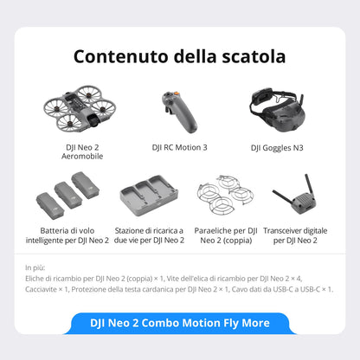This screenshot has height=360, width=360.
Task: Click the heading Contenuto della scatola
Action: pyautogui.click(x=179, y=57)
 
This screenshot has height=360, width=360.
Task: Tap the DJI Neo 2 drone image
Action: pyautogui.click(x=80, y=108)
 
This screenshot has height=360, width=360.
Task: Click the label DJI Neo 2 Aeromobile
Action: pyautogui.click(x=79, y=152)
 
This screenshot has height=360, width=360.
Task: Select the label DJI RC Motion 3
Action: pyautogui.click(x=179, y=147)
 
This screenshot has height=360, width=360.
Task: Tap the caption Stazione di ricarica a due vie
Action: pyautogui.click(x=151, y=235)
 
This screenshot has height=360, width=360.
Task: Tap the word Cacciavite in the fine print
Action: pyautogui.click(x=46, y=289)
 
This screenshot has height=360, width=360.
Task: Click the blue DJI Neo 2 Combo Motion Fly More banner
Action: pyautogui.click(x=180, y=323)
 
